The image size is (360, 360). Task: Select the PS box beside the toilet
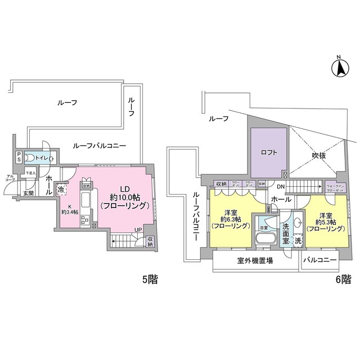coord(19,156)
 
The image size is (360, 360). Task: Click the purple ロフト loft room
coord(268,152)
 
